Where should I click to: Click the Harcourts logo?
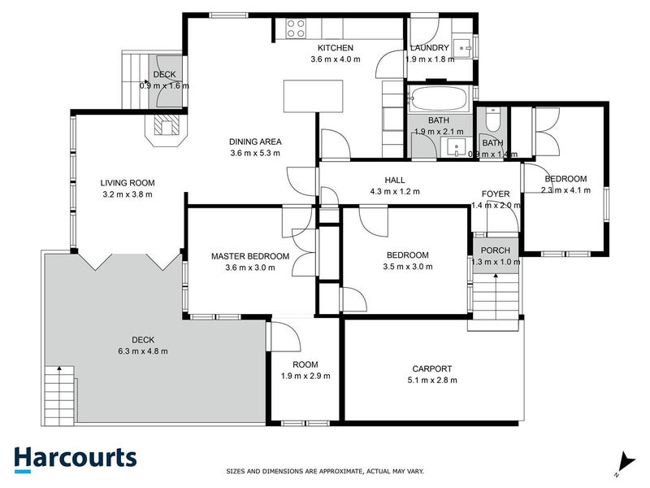75,458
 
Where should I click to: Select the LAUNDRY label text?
429,48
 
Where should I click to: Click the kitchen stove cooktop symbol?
295,29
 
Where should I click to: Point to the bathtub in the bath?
440,101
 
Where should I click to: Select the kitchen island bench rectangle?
313,98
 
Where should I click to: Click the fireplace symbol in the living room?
168,126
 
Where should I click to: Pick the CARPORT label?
433,368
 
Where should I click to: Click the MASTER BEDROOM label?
249,256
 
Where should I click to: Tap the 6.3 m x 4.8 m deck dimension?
141,351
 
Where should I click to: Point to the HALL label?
395,181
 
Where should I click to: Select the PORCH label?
495,250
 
